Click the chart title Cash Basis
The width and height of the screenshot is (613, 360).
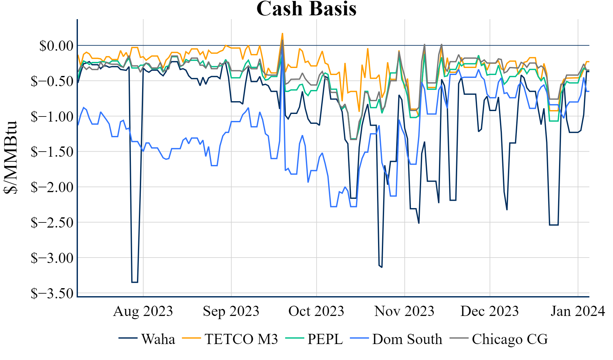click(306, 9)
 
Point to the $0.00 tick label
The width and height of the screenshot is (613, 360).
click(56, 46)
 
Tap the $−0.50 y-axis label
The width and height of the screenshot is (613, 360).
click(52, 81)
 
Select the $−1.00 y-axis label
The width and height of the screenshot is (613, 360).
click(52, 116)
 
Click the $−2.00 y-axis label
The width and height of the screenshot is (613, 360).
click(52, 187)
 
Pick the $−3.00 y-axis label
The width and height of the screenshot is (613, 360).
click(52, 258)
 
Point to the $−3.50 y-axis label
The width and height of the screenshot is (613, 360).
click(52, 293)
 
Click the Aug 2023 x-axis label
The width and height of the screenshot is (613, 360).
click(143, 311)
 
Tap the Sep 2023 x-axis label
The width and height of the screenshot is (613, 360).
click(231, 311)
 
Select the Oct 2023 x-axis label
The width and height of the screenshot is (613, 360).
click(316, 311)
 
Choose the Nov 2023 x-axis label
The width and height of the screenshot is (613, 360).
click(404, 311)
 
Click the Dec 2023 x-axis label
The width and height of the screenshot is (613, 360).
click(489, 311)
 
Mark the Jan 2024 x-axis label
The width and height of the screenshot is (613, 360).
click(578, 311)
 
